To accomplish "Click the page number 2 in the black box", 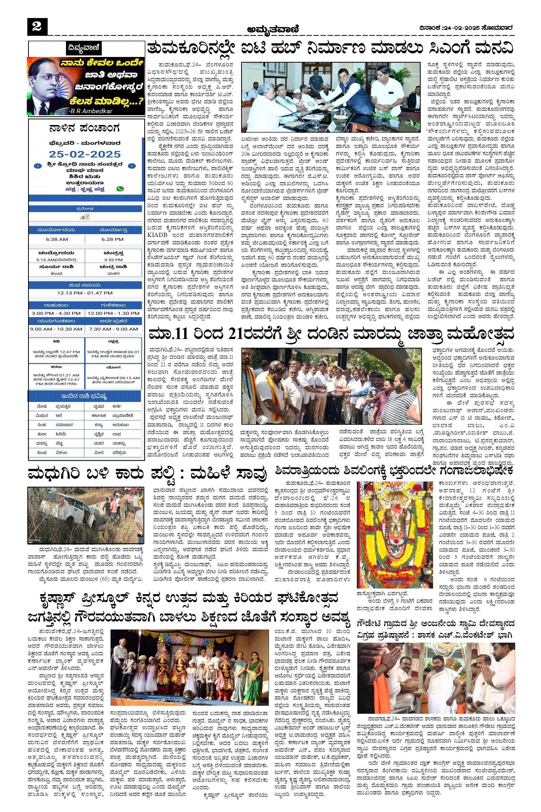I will coord(37,27).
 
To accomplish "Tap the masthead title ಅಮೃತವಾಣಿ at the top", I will coord(273,30).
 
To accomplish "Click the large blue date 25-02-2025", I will coord(84,154).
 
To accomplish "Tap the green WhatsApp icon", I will coord(120,189).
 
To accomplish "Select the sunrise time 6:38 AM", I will coord(57,239).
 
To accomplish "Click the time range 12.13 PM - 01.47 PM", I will coord(85,293).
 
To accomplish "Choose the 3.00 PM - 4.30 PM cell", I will coord(56,313).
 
